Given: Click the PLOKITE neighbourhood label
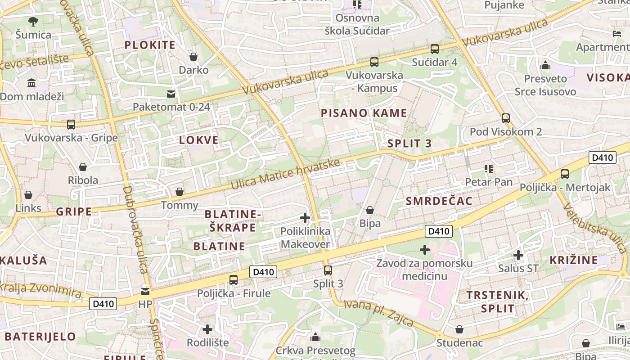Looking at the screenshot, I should coord(150,45).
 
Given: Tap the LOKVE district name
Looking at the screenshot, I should coord(199,140).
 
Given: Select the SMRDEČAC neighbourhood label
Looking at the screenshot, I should coord(439,201).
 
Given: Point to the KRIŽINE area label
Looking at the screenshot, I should coord(574,260).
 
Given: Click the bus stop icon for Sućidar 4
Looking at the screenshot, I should coord(435,49).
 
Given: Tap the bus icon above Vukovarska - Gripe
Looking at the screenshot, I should coord(71,124).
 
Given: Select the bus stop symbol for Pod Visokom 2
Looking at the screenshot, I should coord(506,118).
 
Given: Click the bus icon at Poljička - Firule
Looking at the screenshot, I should coord(234,280).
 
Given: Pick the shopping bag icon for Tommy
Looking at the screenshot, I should coord(180,192).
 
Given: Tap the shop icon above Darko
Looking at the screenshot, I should coord(193,57).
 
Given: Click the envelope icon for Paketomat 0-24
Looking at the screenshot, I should coord(171,94).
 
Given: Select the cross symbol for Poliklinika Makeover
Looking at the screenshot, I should coord(305,218).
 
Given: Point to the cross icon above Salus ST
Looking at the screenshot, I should coord(518,255).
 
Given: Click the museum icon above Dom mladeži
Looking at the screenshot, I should coord(32,83).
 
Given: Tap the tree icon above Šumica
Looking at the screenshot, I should coord(33,21).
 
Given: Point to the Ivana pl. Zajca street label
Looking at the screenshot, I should coord(378,312).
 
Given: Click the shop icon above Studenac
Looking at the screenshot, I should coord(459,330).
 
